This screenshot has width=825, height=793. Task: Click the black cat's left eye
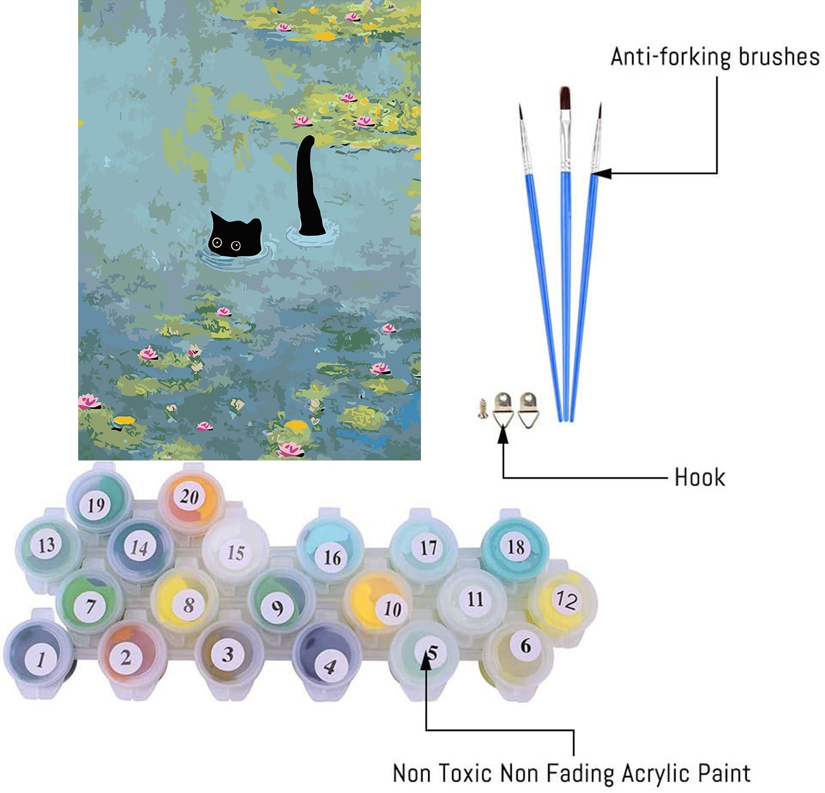217,243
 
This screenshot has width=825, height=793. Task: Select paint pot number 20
189,497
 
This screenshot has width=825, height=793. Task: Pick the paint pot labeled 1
40,658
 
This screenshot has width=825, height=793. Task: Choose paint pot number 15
236,552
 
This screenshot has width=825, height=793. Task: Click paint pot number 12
566,600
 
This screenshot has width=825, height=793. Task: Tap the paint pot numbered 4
329,666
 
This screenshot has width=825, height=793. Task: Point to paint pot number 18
515,547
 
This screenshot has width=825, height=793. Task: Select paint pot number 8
189,604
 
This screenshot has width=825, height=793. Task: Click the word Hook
699,477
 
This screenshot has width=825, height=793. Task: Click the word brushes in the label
779,57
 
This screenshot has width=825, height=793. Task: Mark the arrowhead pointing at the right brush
601,173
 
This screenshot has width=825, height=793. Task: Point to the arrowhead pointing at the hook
503,434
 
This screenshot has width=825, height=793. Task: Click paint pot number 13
46,545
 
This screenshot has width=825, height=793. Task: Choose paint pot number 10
391,608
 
